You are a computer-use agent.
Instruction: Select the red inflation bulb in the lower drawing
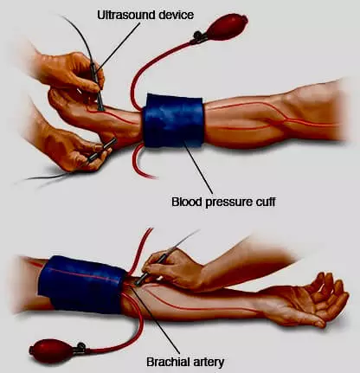49,350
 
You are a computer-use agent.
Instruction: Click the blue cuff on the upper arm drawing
173,119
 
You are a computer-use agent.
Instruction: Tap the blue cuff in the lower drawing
82,284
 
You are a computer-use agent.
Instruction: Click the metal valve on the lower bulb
80,348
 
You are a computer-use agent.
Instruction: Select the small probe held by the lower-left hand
102,149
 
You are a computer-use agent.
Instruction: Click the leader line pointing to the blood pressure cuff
198,168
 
